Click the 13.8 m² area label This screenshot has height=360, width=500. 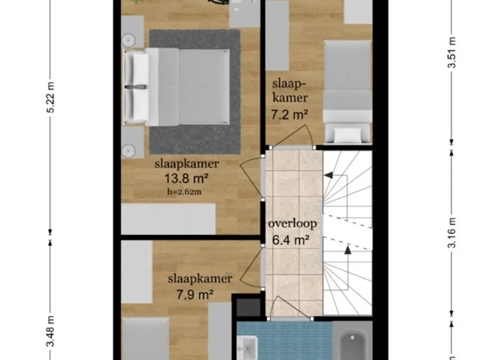(186, 178)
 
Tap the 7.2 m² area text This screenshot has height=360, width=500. (290, 114)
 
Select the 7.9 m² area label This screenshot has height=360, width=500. (195, 295)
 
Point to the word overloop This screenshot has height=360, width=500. (293, 224)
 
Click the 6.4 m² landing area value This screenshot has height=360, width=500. (291, 240)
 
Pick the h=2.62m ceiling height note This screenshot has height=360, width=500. (184, 192)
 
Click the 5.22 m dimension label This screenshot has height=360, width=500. (50, 97)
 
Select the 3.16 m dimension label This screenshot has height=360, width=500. (452, 233)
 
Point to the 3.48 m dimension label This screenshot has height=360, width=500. (50, 331)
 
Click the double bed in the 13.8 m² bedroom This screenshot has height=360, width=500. (177, 87)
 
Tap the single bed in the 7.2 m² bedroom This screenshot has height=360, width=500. (348, 92)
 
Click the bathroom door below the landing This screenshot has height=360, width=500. (290, 308)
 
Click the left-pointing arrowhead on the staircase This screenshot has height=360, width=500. (328, 175)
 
